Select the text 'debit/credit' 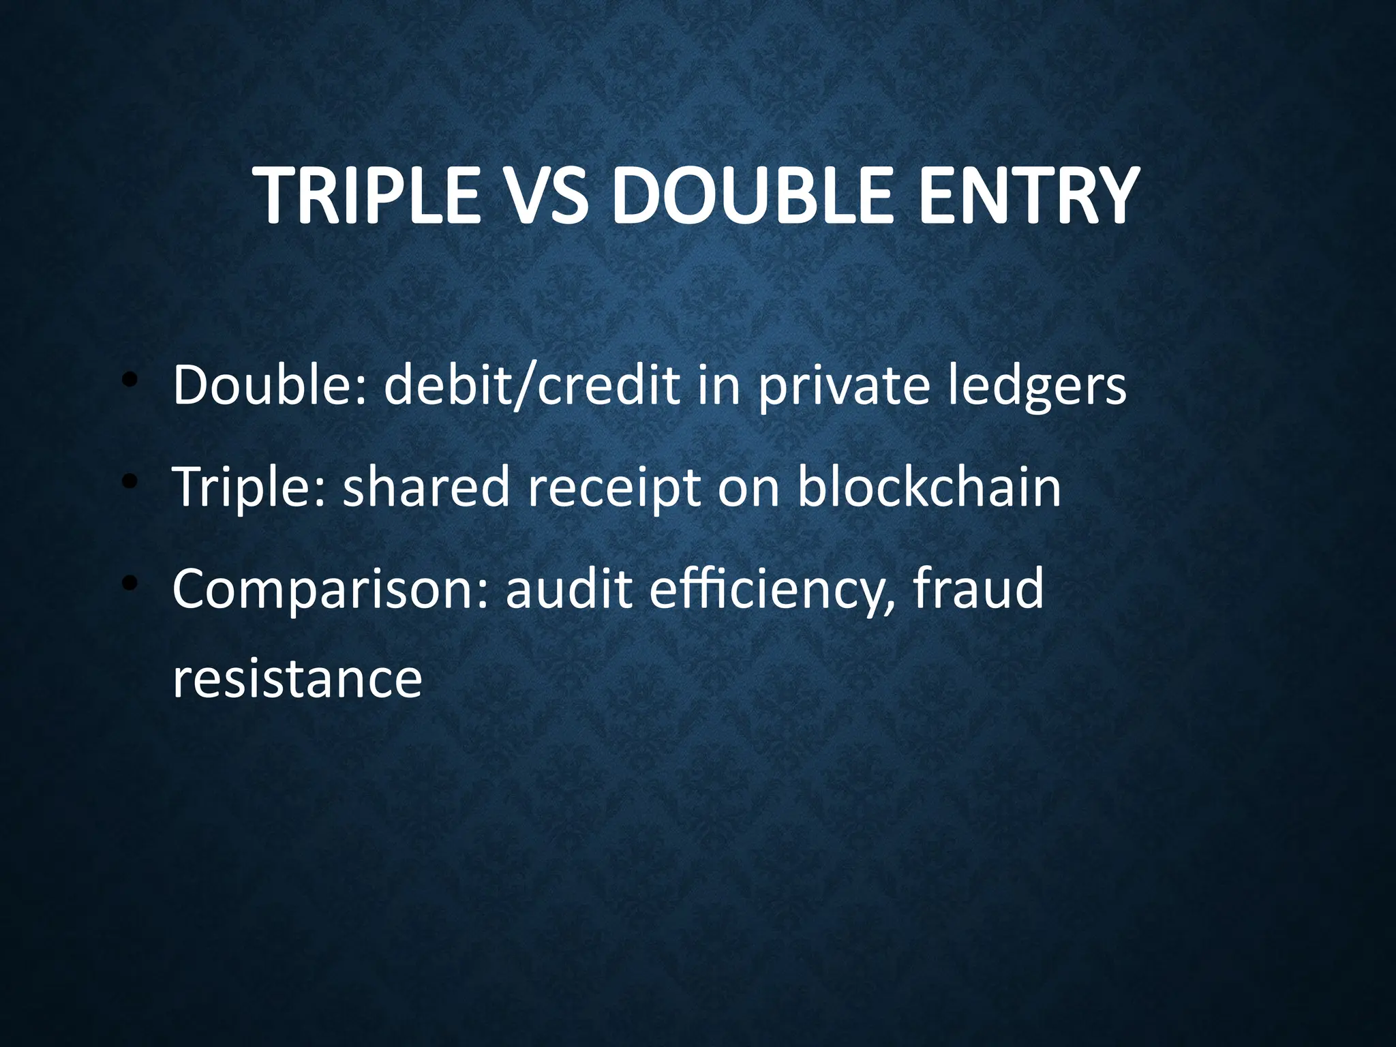(x=532, y=385)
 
